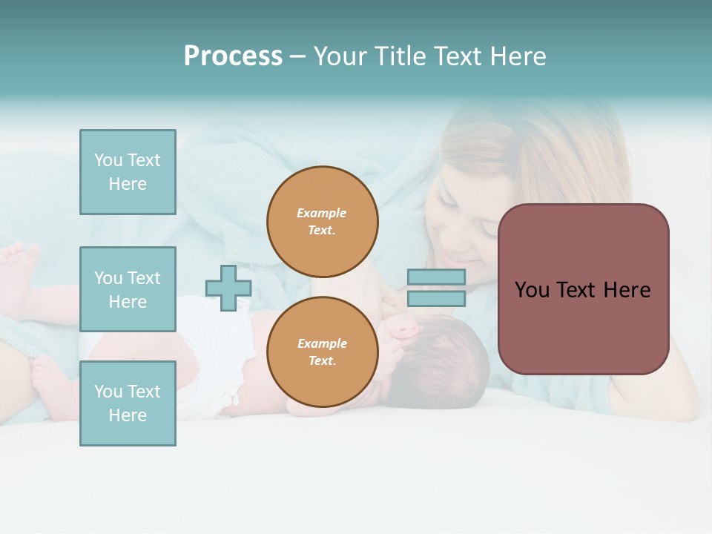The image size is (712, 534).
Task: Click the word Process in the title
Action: click(233, 56)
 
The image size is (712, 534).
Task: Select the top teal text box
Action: click(128, 172)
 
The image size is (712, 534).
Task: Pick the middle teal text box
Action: click(128, 289)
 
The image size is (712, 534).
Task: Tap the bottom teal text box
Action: click(128, 403)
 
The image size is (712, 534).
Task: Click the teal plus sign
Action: click(228, 289)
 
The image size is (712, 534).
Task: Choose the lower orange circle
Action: click(322, 352)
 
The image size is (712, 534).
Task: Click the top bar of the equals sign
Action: click(436, 277)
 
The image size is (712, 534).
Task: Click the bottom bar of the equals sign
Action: click(436, 299)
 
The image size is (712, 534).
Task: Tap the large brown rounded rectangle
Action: click(583, 289)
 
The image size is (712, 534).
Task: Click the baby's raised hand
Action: click(403, 326)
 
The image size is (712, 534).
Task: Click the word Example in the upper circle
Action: click(322, 213)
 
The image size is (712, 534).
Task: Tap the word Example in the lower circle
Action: click(322, 343)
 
